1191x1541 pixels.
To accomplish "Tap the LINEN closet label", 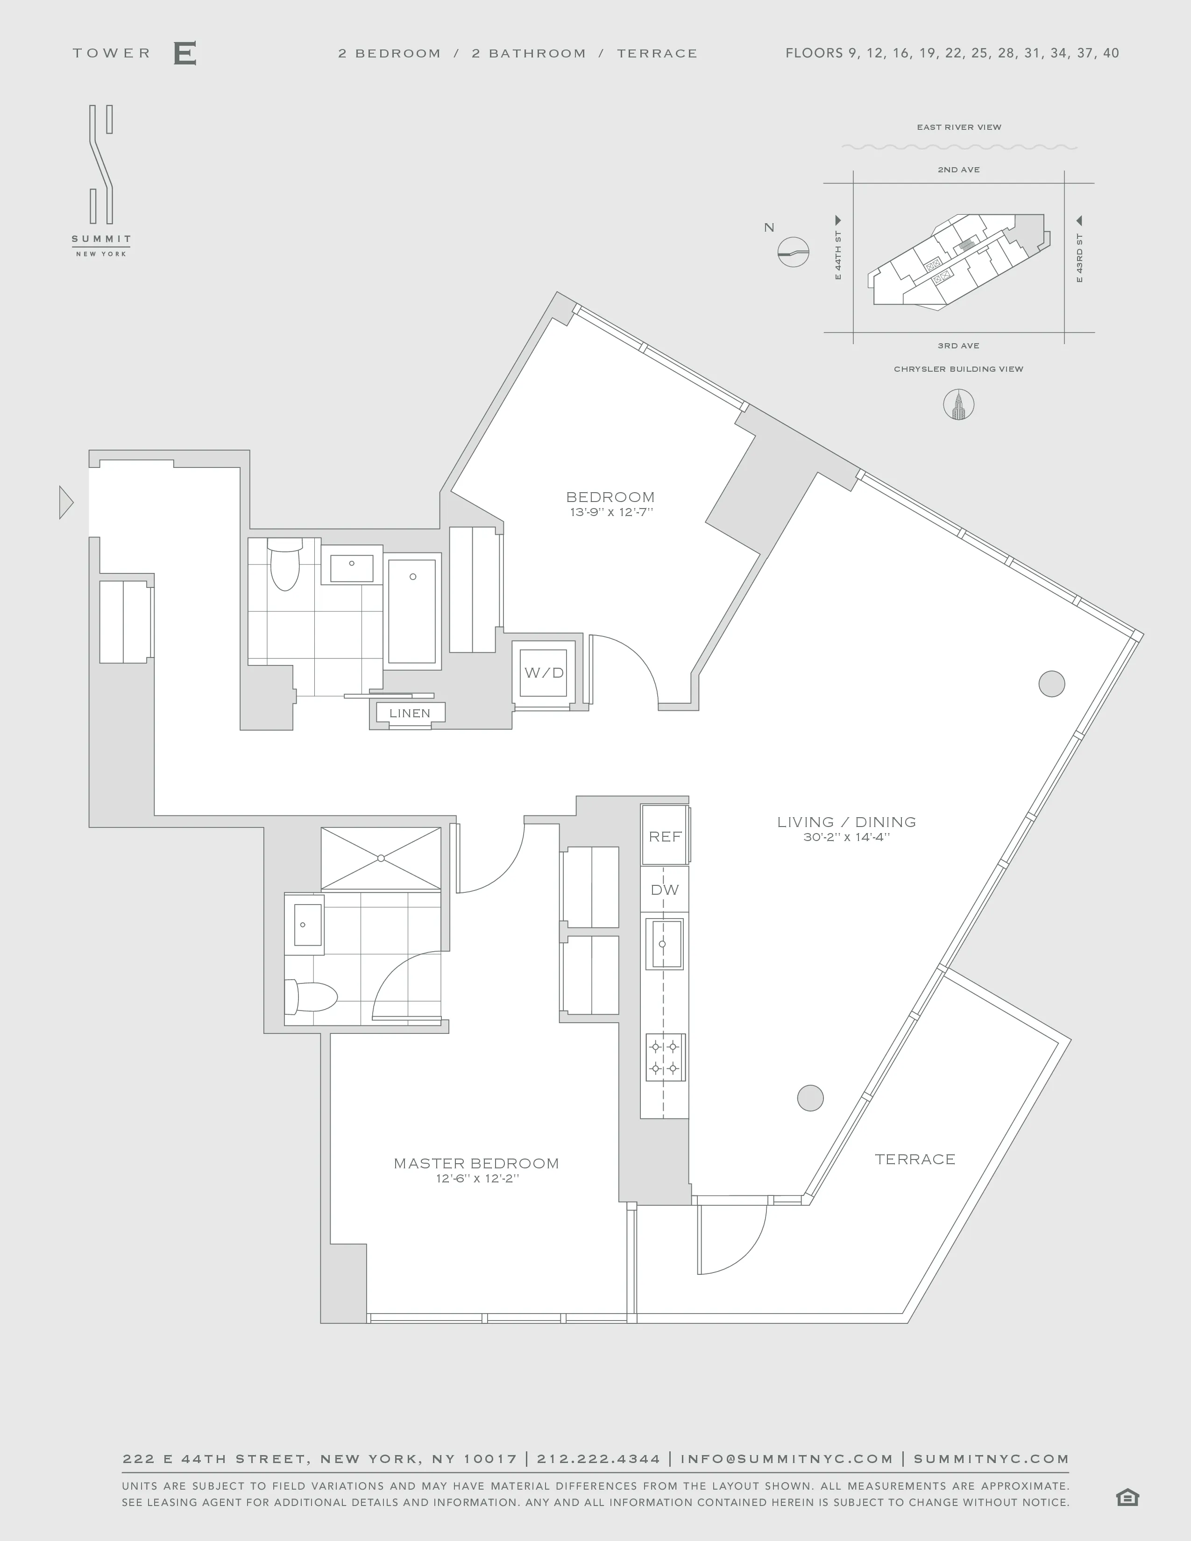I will [x=409, y=713].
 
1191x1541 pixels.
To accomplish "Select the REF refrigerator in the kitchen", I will [x=665, y=836].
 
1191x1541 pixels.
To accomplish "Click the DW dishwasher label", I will [x=665, y=890].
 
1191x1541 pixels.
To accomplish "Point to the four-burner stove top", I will [x=665, y=1057].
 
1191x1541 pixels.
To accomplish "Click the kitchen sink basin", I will [x=663, y=943].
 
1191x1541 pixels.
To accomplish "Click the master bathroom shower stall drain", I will [x=381, y=858].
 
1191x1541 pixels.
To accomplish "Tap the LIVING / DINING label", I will [x=846, y=822].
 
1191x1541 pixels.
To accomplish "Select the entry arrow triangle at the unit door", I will [x=65, y=503].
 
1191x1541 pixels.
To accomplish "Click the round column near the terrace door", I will [x=810, y=1098].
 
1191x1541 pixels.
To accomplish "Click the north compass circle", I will [x=793, y=251].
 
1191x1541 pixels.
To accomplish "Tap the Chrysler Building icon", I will [x=958, y=405].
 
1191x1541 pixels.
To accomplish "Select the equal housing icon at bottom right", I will [x=1127, y=1497].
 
